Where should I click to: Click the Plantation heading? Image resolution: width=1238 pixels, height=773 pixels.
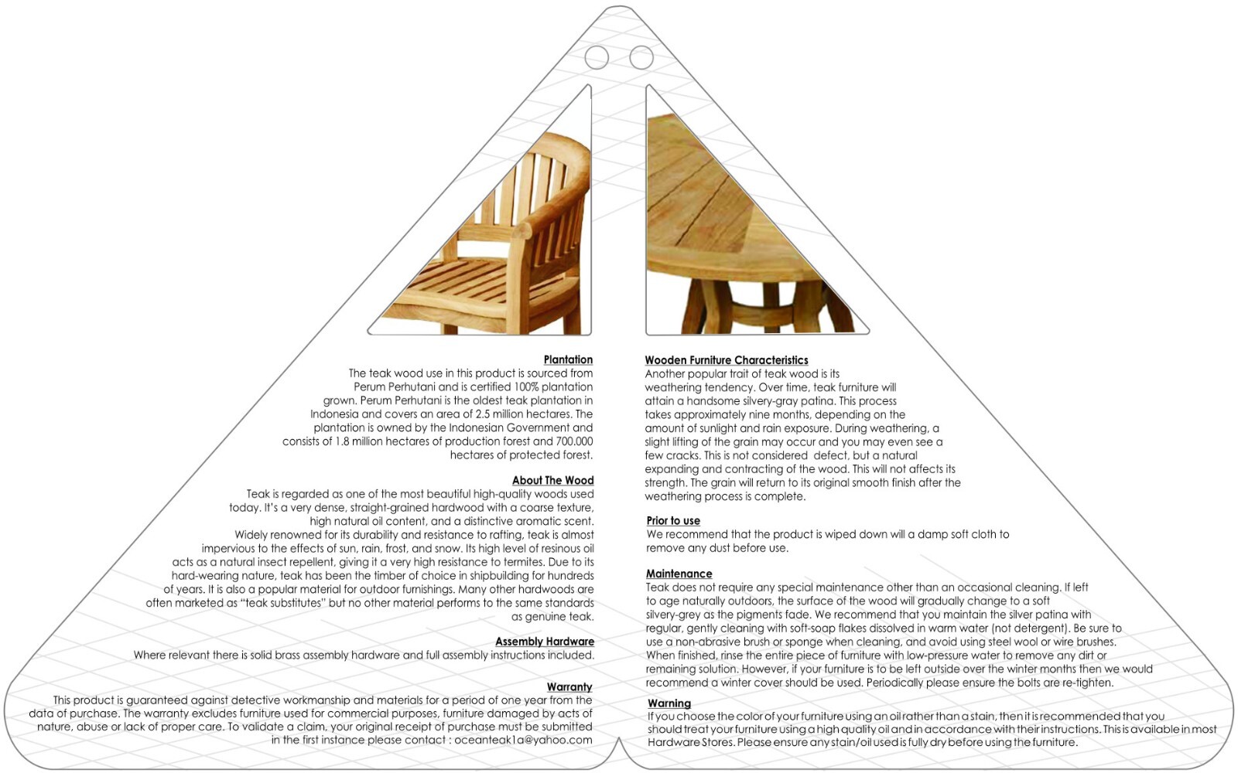coord(568,359)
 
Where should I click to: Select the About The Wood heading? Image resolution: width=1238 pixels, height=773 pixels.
coord(552,480)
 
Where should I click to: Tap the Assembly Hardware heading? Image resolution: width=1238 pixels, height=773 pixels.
coord(545,642)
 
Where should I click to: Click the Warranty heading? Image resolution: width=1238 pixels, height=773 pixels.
coord(569,687)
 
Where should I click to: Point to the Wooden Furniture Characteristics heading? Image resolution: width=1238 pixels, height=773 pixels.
coord(727,360)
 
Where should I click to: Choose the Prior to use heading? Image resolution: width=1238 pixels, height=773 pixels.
coord(673,521)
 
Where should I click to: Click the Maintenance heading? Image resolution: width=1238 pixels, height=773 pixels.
coord(679,574)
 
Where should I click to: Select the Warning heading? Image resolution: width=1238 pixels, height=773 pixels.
coord(669,703)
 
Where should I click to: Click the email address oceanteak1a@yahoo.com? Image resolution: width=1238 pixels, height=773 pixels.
coord(523,740)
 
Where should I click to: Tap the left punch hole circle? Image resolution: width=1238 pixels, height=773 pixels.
coord(597,56)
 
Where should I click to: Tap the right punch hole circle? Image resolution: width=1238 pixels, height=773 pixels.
coord(641,56)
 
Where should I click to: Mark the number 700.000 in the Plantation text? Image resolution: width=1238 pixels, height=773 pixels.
coord(574,441)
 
